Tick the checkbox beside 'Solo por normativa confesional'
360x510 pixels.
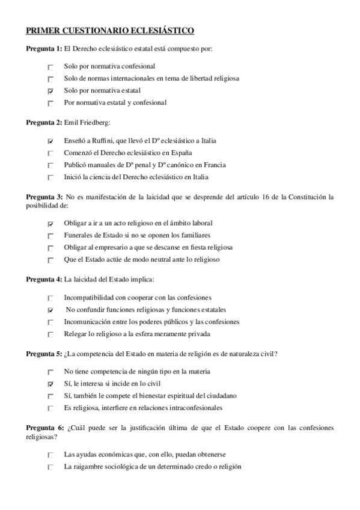pos(50,67)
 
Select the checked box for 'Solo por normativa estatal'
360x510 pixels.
pos(50,91)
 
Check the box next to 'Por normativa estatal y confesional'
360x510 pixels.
pos(50,103)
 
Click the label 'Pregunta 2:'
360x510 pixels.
pos(43,122)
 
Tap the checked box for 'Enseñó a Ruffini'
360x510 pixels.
pos(50,141)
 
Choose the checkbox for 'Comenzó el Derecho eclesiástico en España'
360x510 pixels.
pos(50,153)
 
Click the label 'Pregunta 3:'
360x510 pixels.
pos(43,197)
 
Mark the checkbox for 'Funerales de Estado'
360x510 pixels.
pos(50,236)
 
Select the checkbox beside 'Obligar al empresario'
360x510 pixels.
pos(50,248)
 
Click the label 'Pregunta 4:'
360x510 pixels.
pos(43,279)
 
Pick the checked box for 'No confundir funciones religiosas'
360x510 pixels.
pos(50,310)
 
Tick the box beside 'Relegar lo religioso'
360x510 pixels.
pos(50,334)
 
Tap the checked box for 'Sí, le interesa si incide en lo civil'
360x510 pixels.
pos(50,384)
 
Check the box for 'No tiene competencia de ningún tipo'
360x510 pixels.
pos(50,372)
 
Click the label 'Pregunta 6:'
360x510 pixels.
pos(43,428)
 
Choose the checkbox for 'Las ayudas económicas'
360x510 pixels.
pos(50,455)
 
